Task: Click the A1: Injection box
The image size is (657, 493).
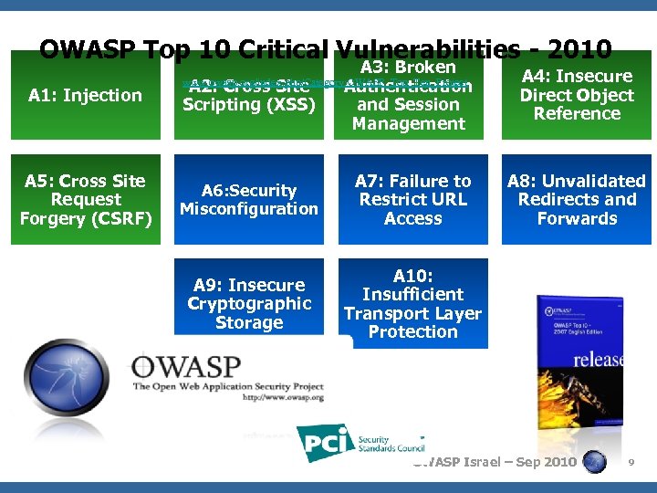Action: pyautogui.click(x=85, y=95)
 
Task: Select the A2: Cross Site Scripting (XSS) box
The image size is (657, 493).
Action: pyautogui.click(x=249, y=97)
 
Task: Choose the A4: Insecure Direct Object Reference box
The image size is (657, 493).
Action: pyautogui.click(x=576, y=95)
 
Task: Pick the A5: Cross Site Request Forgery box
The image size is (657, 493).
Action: pyautogui.click(x=86, y=200)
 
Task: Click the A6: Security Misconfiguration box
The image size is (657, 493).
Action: pyautogui.click(x=249, y=200)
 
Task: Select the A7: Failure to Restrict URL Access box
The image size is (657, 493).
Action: pyautogui.click(x=412, y=200)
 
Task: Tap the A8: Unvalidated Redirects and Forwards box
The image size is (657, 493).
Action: pyautogui.click(x=576, y=200)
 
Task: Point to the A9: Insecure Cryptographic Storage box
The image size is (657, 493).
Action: pyautogui.click(x=249, y=304)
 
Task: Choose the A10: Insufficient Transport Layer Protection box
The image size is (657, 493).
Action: pyautogui.click(x=412, y=304)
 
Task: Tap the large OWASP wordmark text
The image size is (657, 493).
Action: pyautogui.click(x=188, y=367)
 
